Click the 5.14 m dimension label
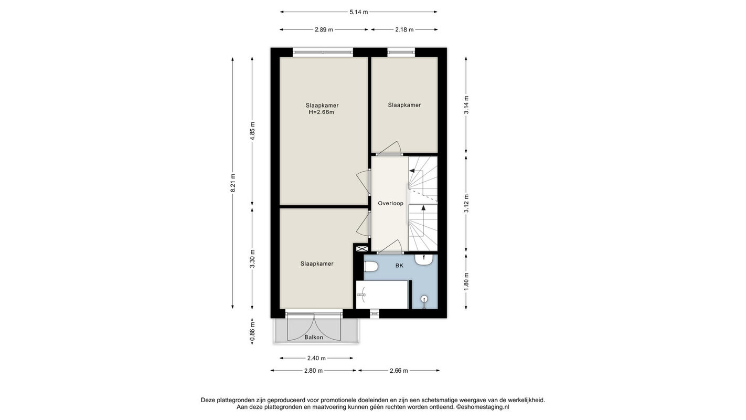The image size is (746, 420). coord(359,12)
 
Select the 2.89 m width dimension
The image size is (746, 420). coord(324,30)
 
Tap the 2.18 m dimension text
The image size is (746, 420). coord(404,30)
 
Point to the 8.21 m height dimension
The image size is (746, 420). coord(233,183)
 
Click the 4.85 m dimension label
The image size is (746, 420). coord(252,131)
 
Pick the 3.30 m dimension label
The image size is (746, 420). coord(252,259)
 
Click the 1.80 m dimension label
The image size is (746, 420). coord(466,282)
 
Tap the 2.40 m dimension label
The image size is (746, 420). coord(316,358)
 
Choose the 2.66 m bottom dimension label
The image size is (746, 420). coord(399,370)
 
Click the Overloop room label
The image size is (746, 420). coord(391,203)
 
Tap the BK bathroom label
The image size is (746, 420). coord(399,265)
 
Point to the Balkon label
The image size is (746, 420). coord(314,338)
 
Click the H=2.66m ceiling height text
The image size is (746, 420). coord(322,112)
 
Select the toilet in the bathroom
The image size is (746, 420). coord(371,267)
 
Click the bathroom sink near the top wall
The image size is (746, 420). coord(423,260)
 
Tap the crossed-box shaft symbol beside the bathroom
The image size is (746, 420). coord(362,248)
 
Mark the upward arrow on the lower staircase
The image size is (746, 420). coord(423,208)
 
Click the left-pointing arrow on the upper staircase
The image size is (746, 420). coord(412,171)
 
